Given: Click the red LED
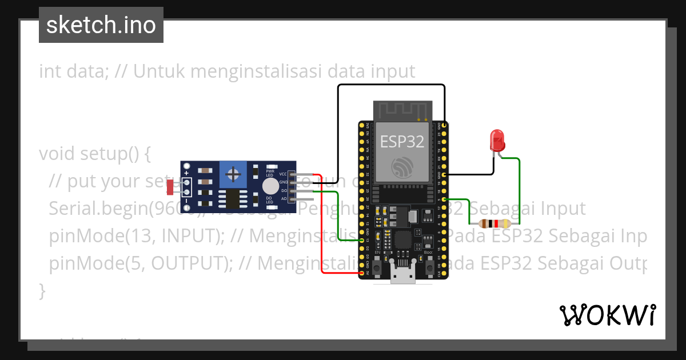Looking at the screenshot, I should [496, 140].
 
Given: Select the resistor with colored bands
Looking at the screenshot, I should [495, 224].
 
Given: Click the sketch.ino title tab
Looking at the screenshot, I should [101, 25].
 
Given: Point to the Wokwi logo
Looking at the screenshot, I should [607, 315].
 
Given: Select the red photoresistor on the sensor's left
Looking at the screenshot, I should [170, 186].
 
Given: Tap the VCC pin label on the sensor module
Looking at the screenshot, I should [282, 174].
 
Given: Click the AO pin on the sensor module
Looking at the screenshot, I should [292, 198].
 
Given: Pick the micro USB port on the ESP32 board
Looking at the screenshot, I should [403, 276].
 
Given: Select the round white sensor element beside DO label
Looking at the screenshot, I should [269, 186].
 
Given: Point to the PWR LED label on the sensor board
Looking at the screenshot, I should [270, 173].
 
